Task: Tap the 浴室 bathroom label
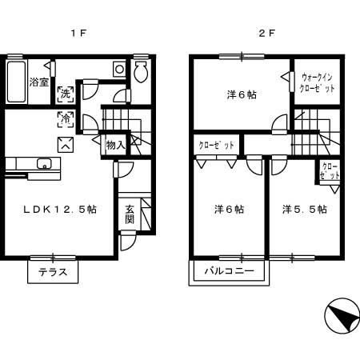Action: pos(38,81)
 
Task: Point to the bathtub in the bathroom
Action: pos(16,80)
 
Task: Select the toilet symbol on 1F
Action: pos(141,74)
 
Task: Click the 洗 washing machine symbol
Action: pos(64,93)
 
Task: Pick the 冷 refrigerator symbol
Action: pos(65,120)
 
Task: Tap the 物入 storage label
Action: pos(115,146)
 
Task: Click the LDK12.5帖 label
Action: pos(60,210)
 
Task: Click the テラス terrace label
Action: pos(53,272)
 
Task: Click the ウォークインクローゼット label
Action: pos(318,83)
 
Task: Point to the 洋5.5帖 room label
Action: pos(303,210)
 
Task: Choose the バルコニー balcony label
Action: pos(228,271)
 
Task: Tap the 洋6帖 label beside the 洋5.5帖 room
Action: pos(229,210)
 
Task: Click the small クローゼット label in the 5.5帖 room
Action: pos(329,172)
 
